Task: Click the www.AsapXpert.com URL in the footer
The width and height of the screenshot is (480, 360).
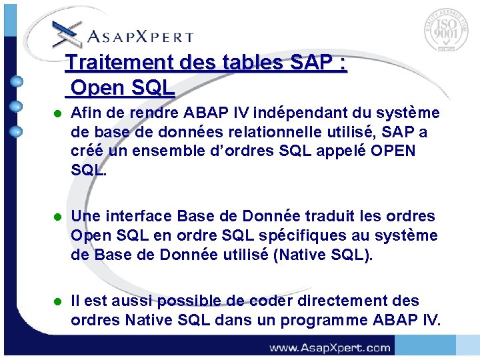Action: [x=329, y=347]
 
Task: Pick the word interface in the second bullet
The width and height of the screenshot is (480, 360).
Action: [x=138, y=217]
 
